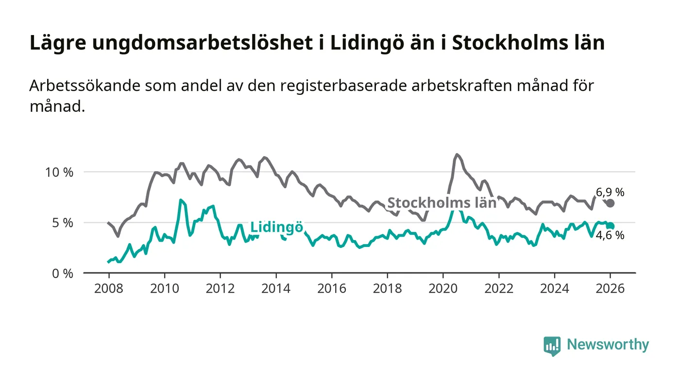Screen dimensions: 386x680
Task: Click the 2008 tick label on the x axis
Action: click(108, 288)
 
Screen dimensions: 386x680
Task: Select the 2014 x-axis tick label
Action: click(276, 288)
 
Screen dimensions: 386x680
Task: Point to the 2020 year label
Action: click(443, 288)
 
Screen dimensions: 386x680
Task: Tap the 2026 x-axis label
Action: click(611, 288)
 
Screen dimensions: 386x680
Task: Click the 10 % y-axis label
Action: click(59, 172)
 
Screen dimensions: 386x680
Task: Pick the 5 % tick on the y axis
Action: click(62, 223)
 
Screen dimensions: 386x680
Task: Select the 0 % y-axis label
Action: click(62, 273)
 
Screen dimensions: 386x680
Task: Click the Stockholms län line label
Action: click(442, 203)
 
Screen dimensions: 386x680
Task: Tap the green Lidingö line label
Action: click(276, 227)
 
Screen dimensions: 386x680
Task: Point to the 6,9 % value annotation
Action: click(610, 193)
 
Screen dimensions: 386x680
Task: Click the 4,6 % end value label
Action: click(610, 236)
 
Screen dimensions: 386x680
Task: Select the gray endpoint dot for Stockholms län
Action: click(611, 203)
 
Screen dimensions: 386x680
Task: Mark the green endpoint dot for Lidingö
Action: click(611, 226)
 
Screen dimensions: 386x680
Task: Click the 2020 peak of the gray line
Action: click(457, 155)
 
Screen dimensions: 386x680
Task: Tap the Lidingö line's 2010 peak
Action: click(181, 200)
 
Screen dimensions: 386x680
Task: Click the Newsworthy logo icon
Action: click(552, 346)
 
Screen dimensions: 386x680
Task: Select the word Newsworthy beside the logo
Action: click(608, 345)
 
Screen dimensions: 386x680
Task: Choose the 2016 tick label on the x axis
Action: click(331, 288)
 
